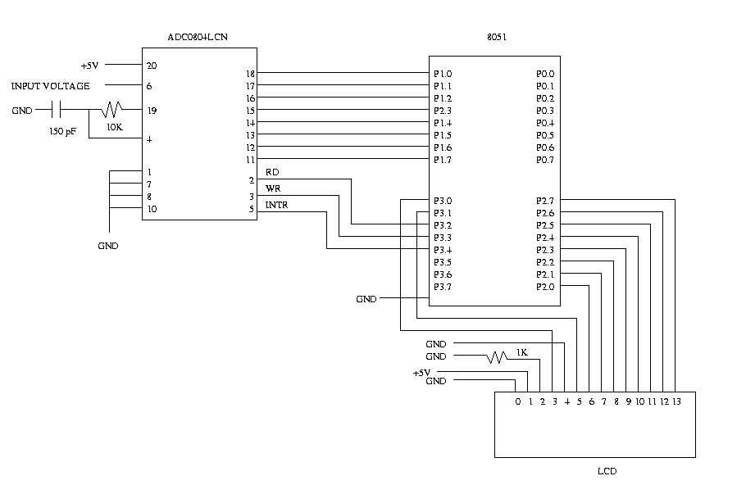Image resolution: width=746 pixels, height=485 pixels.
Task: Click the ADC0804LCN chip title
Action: (198, 38)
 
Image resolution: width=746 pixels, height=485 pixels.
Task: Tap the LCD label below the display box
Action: (607, 471)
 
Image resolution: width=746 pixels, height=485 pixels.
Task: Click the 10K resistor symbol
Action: (111, 110)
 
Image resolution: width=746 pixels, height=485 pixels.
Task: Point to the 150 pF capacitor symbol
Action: (57, 110)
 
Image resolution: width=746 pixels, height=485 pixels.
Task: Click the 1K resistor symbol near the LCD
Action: (498, 357)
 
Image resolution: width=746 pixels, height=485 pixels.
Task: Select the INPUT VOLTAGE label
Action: (50, 86)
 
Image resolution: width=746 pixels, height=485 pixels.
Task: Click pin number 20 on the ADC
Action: (152, 66)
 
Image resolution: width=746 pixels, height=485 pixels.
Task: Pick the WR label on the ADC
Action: (273, 188)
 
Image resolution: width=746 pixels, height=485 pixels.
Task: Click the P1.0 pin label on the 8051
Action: (443, 74)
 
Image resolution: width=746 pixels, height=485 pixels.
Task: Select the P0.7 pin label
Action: (545, 160)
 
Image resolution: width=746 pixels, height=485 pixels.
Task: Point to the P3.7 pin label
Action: (443, 287)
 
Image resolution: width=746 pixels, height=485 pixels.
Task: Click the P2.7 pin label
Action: (545, 201)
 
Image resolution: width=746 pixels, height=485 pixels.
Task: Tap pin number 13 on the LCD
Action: (676, 401)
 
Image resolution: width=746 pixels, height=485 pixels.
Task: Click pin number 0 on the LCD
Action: (517, 401)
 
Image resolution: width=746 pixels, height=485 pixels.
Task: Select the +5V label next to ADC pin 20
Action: (91, 66)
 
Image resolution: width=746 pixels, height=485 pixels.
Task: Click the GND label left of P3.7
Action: (366, 299)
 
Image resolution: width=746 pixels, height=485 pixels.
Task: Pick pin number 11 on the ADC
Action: (251, 160)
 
